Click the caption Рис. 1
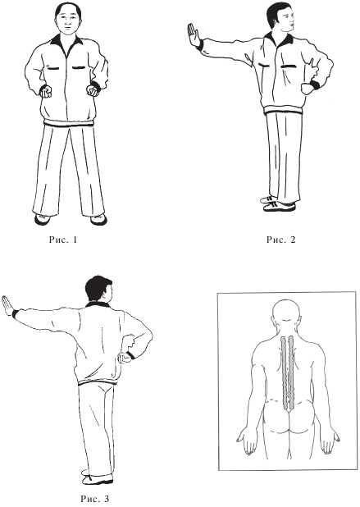click(x=63, y=240)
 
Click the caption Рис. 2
click(x=280, y=240)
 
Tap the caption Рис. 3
click(x=94, y=499)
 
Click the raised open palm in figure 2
click(x=194, y=35)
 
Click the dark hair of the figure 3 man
click(x=98, y=289)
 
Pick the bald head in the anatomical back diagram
click(x=286, y=314)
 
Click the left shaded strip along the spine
click(x=284, y=371)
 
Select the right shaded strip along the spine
click(x=291, y=371)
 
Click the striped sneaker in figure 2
click(x=279, y=206)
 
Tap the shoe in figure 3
click(x=98, y=479)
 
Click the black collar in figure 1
click(x=67, y=40)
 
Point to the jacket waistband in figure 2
click(x=284, y=112)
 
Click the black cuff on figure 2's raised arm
click(x=199, y=44)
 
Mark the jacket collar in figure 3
click(x=98, y=304)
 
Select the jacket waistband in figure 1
click(x=69, y=124)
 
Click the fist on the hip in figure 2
click(x=306, y=89)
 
